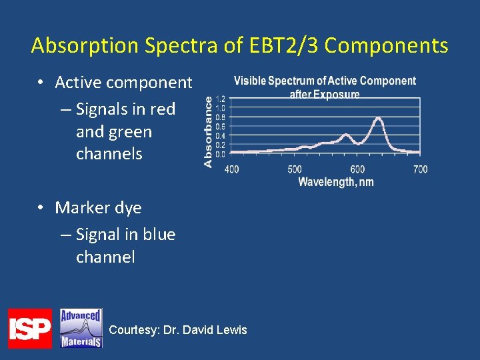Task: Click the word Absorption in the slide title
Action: [85, 46]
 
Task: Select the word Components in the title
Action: [387, 46]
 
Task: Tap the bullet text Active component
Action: [123, 83]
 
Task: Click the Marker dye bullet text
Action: [98, 207]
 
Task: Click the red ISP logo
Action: [29, 328]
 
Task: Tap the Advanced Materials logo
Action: [81, 328]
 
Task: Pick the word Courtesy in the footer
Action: [133, 330]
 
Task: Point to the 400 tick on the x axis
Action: [231, 169]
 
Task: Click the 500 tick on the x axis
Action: [295, 169]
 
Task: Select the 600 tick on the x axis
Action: [357, 169]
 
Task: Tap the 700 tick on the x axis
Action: [420, 169]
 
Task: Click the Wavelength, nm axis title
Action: [335, 182]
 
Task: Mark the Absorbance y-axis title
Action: [208, 131]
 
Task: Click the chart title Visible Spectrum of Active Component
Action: [325, 81]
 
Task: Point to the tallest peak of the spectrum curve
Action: [378, 119]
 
